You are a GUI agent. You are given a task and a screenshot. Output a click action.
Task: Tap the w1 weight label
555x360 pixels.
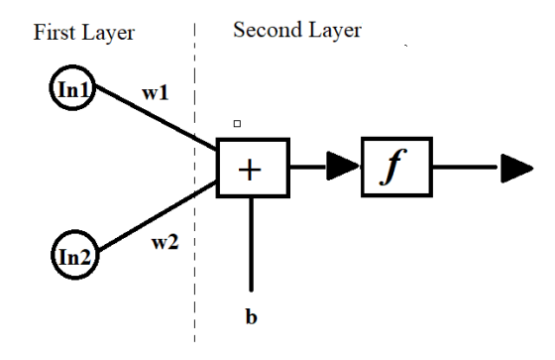[x=155, y=93]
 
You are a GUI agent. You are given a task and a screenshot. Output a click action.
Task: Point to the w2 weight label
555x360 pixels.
[x=165, y=242]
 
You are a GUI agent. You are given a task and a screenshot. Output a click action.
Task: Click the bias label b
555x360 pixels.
[x=251, y=316]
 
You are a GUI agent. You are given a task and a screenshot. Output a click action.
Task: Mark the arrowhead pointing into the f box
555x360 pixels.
[x=343, y=166]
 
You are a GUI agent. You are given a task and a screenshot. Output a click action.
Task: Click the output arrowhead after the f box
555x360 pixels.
[x=516, y=169]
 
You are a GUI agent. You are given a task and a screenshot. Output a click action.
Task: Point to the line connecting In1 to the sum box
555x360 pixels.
[x=157, y=117]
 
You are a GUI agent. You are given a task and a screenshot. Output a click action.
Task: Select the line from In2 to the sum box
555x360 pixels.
[x=158, y=215]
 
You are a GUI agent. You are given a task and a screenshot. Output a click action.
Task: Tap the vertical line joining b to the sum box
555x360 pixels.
[x=252, y=244]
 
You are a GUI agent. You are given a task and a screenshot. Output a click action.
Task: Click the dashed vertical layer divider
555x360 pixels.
[x=194, y=182]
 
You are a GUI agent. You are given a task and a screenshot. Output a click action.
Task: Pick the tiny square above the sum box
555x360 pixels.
[x=237, y=123]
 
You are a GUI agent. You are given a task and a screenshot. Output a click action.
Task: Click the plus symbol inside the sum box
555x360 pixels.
[x=250, y=170]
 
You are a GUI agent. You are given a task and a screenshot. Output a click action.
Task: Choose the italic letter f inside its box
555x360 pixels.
[x=392, y=167]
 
